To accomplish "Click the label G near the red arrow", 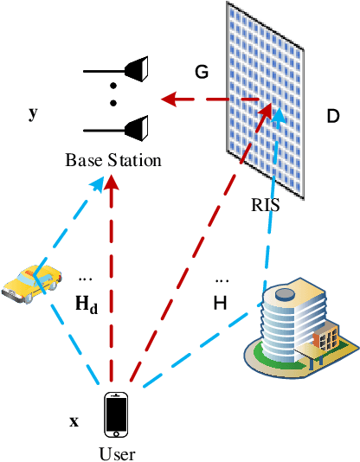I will coord(202,73).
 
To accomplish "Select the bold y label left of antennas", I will coord(33,113).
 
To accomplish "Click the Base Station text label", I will coord(113,160).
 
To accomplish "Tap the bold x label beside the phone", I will coord(74,422).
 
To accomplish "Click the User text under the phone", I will coord(117,452).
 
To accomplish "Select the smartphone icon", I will coord(117,415).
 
